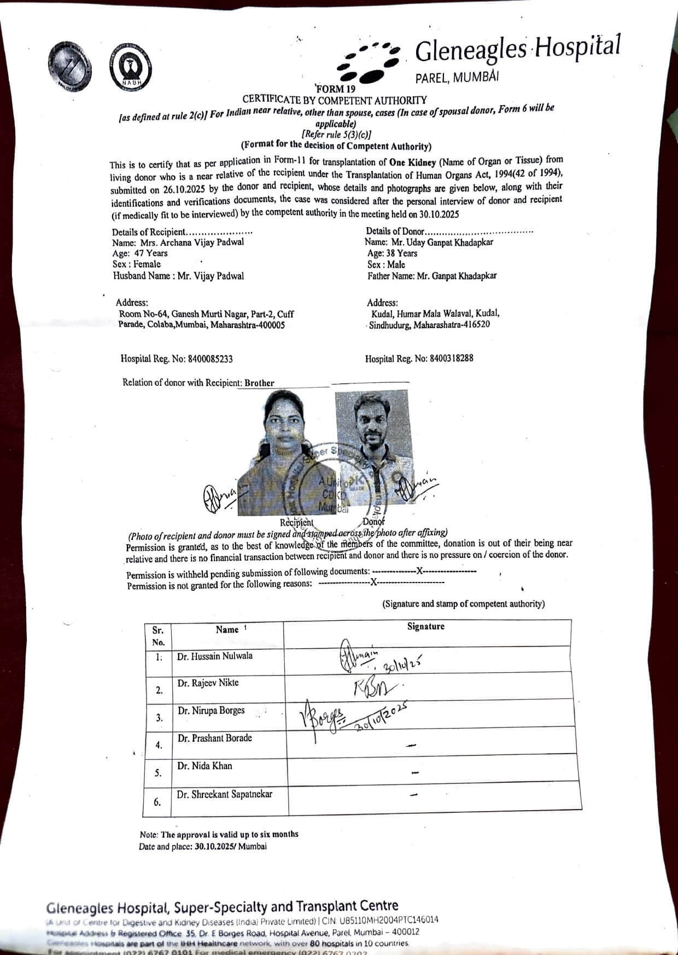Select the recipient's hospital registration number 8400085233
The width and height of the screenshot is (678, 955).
tap(211, 359)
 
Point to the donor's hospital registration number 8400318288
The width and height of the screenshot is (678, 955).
tap(452, 358)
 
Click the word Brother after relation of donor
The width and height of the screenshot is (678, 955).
tap(259, 383)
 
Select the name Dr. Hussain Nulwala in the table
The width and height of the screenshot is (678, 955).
tap(215, 656)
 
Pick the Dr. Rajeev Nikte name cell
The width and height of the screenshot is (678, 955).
tap(208, 683)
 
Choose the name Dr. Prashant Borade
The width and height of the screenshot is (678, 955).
tap(215, 738)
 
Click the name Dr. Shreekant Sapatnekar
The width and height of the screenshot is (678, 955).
tap(224, 794)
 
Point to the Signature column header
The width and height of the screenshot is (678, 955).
tap(425, 627)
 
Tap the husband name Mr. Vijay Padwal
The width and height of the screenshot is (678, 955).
tap(211, 276)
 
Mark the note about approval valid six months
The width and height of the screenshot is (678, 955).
tap(219, 834)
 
